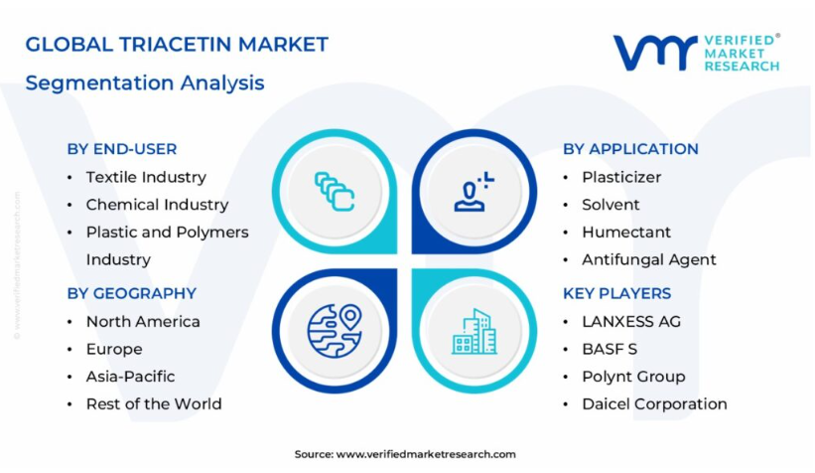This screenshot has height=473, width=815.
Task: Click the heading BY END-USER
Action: [122, 149]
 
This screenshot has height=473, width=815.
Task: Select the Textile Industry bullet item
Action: [146, 178]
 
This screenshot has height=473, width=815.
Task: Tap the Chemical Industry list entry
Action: [157, 205]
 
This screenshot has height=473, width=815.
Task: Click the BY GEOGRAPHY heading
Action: [132, 293]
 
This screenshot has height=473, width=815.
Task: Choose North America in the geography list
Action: [143, 322]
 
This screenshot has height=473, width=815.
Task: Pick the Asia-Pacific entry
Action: [130, 377]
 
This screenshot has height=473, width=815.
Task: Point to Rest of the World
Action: [154, 403]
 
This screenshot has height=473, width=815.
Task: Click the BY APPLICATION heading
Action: [630, 149]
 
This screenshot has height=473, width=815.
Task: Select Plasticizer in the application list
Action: [621, 178]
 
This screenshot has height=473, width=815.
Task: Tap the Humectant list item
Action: [626, 233]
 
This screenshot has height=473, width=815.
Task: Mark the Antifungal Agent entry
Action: [649, 259]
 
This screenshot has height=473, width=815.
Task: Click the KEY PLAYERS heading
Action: [617, 293]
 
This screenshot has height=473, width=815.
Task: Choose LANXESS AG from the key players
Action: [631, 322]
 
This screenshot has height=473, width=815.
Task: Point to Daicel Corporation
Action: [654, 403]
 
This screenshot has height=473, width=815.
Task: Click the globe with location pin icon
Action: [335, 331]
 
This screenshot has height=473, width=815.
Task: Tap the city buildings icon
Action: [475, 332]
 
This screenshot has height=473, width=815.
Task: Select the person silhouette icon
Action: [474, 192]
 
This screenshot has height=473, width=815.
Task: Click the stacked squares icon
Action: [335, 192]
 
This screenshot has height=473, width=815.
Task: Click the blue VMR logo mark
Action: [655, 53]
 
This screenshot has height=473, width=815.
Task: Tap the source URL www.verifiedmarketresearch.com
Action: [426, 454]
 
